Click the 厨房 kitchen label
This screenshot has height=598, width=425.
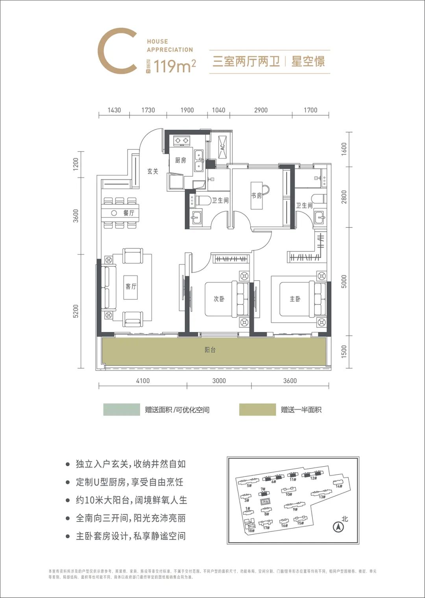pos(181,160)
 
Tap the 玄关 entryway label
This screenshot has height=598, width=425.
pos(153,172)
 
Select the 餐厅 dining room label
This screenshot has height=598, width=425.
pos(129,213)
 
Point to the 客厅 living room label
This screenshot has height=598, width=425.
pos(131,286)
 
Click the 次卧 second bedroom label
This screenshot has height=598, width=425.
pos(219,299)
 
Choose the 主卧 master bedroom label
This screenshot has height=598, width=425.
pos(295,299)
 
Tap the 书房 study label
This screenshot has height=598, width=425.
pos(257,195)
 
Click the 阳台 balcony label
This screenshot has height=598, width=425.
pos(211,350)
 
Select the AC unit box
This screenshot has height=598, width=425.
pos(222,147)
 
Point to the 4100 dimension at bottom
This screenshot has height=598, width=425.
pos(142,380)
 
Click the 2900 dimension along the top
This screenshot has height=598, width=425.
pos(261,110)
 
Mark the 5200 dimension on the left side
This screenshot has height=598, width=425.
pos(76,311)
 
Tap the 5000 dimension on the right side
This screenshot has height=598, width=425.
pos(344,281)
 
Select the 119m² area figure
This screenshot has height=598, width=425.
pos(175,66)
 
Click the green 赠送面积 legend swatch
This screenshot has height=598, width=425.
pos(121,410)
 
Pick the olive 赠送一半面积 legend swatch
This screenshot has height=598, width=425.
pos(257,410)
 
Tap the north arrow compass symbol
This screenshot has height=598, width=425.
pos(337,527)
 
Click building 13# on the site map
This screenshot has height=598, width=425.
pos(322,496)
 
